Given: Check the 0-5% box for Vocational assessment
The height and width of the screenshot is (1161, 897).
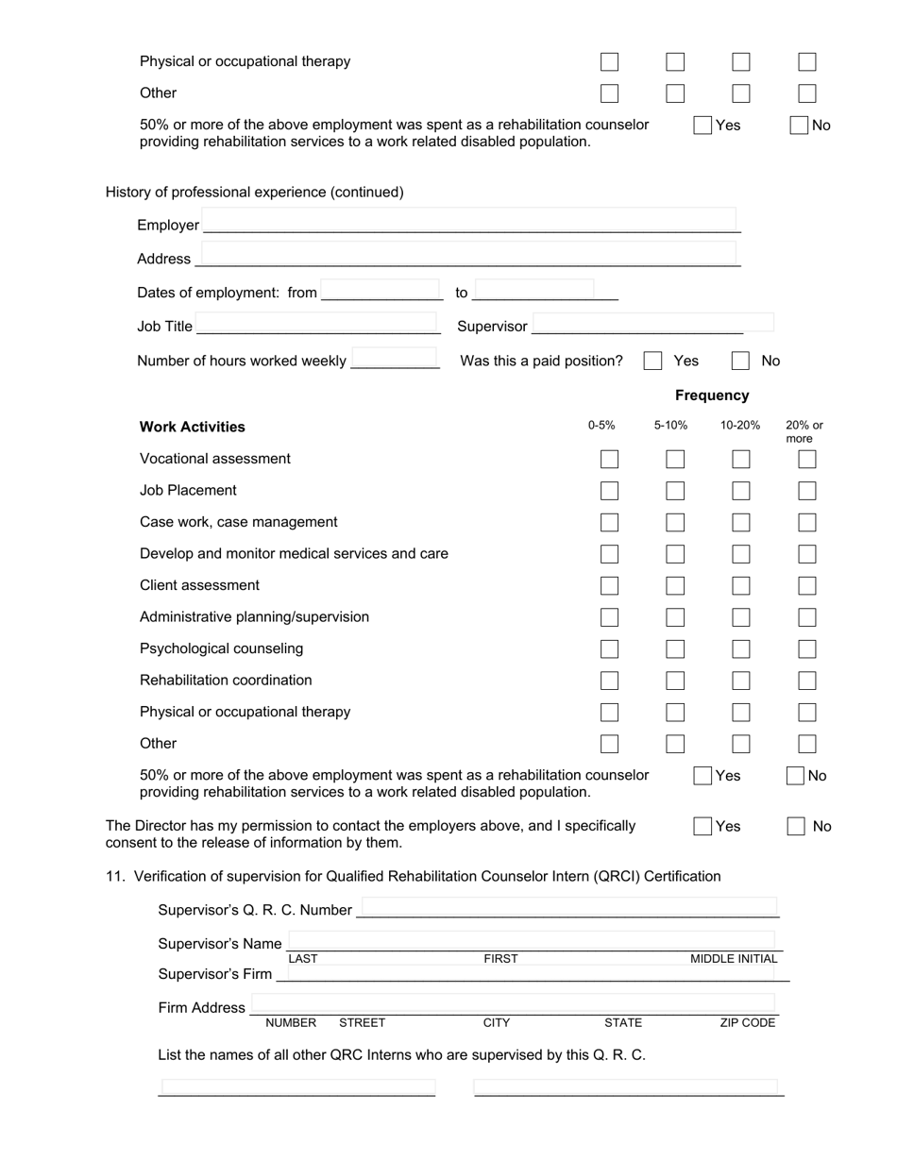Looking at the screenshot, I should pyautogui.click(x=609, y=459).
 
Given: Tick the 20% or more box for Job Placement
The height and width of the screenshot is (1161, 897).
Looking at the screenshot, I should pyautogui.click(x=806, y=491).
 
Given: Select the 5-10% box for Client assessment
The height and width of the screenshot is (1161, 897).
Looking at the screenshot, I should pyautogui.click(x=675, y=585).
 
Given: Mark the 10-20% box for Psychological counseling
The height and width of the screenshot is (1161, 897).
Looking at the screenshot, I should pyautogui.click(x=741, y=648).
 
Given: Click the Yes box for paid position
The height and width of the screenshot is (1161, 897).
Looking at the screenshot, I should pyautogui.click(x=652, y=361).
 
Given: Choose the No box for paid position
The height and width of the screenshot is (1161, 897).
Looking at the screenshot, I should pyautogui.click(x=741, y=361).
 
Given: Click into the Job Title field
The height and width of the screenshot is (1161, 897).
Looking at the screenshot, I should pyautogui.click(x=316, y=323).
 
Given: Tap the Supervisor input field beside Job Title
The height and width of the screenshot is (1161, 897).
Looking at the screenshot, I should pyautogui.click(x=652, y=323).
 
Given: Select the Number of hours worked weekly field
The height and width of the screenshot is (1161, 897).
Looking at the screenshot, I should pyautogui.click(x=394, y=358).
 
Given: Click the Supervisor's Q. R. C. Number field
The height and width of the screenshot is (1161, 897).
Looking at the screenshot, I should pyautogui.click(x=569, y=907).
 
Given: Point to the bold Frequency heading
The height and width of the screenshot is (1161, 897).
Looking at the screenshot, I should pyautogui.click(x=712, y=395).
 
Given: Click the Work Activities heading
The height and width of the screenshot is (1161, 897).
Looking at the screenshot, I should pyautogui.click(x=193, y=427).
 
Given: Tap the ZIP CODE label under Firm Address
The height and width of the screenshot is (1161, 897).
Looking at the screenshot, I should pyautogui.click(x=747, y=1022).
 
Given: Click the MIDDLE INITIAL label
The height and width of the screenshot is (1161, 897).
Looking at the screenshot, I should pyautogui.click(x=734, y=958).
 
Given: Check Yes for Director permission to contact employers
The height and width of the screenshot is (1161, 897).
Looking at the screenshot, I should pyautogui.click(x=702, y=826).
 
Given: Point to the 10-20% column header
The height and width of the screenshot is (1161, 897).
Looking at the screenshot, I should pyautogui.click(x=740, y=425).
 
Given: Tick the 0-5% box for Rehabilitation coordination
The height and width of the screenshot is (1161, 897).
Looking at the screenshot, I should pyautogui.click(x=609, y=681).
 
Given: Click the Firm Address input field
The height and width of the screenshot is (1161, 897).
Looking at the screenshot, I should pyautogui.click(x=513, y=1002).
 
